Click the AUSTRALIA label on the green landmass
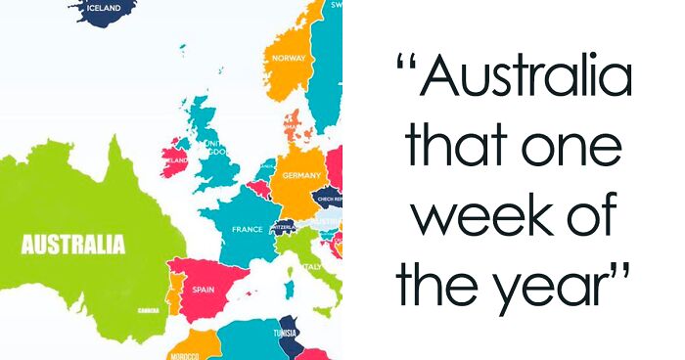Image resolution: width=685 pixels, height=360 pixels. (73, 244)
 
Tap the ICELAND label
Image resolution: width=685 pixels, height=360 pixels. (104, 8)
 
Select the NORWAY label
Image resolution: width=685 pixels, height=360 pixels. (289, 58)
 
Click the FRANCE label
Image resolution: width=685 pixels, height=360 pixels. (247, 229)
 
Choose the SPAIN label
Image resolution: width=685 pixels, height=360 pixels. (204, 290)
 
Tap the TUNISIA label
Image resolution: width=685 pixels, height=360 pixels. (287, 333)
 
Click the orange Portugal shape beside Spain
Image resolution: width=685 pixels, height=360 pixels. (173, 291)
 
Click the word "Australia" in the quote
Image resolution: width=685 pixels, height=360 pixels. (528, 79)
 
